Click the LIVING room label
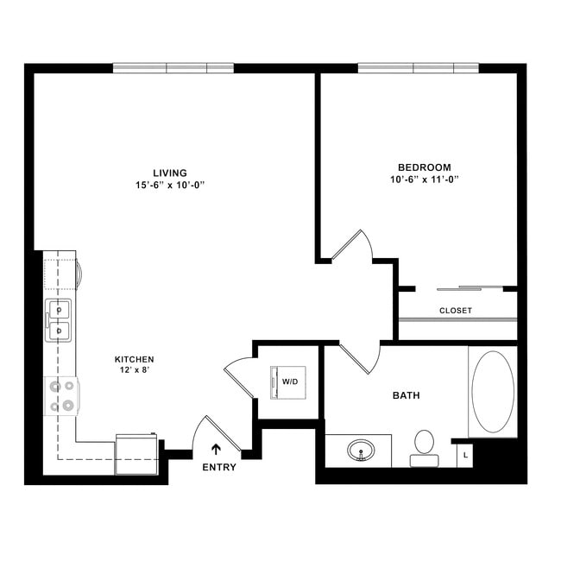coord(169,173)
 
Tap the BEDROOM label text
coord(424,167)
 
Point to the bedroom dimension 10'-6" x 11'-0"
coord(424,180)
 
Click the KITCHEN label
coord(135,359)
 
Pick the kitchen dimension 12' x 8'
coord(135,371)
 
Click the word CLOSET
coord(455,310)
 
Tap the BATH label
coord(406,396)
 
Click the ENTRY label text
coord(218,467)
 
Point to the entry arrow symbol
coord(216,449)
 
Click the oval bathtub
coord(493,391)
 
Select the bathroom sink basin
coord(361,451)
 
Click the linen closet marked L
coord(465,454)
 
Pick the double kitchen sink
coord(59,319)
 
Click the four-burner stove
coord(61,395)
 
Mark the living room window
coord(173,68)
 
